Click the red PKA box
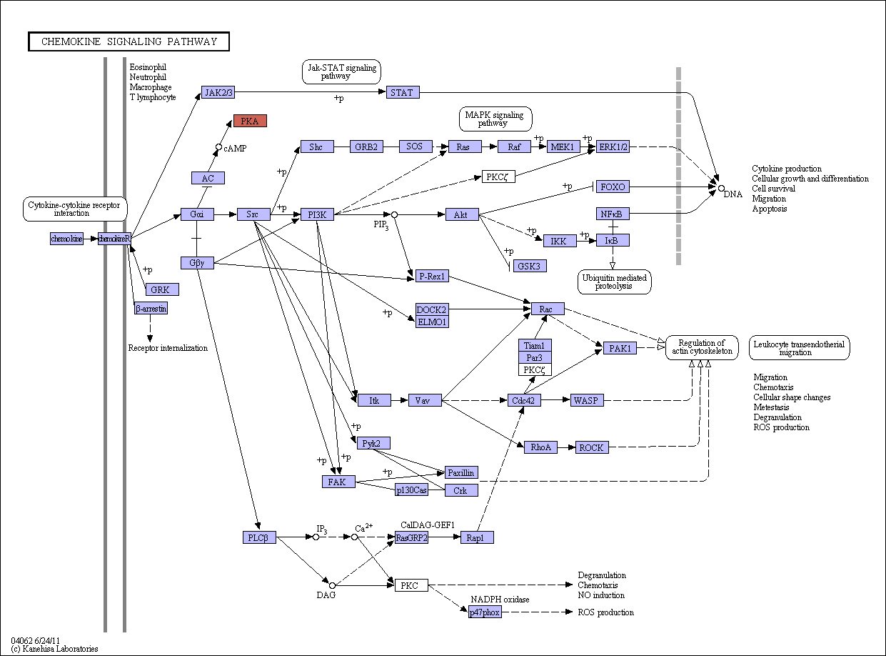click(250, 121)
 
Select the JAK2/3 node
click(218, 92)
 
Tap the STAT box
click(403, 92)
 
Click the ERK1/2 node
click(613, 146)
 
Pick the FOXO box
click(613, 187)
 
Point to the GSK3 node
click(530, 266)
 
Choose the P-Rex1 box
click(432, 276)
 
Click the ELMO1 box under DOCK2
click(432, 322)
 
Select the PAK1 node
click(620, 349)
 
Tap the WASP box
click(587, 400)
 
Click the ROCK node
click(592, 447)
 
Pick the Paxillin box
click(461, 472)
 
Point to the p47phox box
click(485, 612)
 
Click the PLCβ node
click(259, 537)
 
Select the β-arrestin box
click(151, 308)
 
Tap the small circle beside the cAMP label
click(218, 147)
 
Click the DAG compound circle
click(332, 585)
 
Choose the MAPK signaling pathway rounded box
click(495, 119)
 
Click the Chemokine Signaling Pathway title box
click(129, 41)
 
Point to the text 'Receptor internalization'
click(168, 348)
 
